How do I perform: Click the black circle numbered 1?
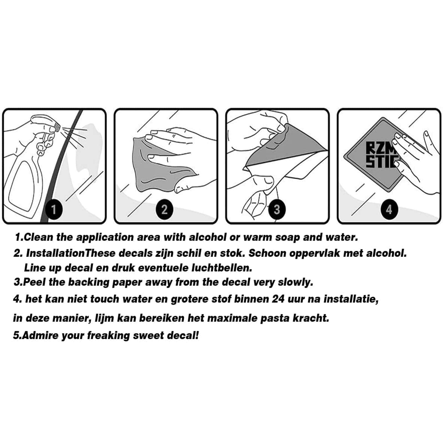tap(54, 209)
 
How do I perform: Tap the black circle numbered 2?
tap(164, 209)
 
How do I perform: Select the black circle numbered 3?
tap(277, 209)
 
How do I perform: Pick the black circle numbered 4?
tap(389, 209)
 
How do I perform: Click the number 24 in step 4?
tap(278, 299)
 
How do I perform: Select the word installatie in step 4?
tap(351, 299)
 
